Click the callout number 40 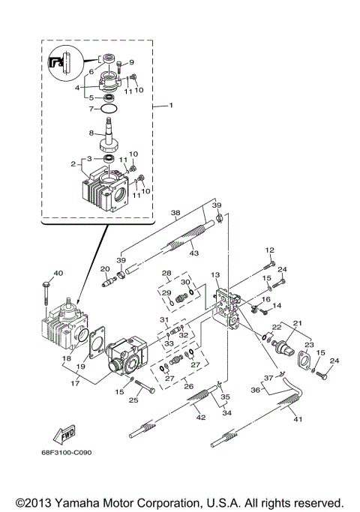[58, 273]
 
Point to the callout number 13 [214, 275]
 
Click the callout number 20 [106, 268]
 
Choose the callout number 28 [166, 273]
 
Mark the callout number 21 [298, 323]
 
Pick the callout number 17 [73, 382]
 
